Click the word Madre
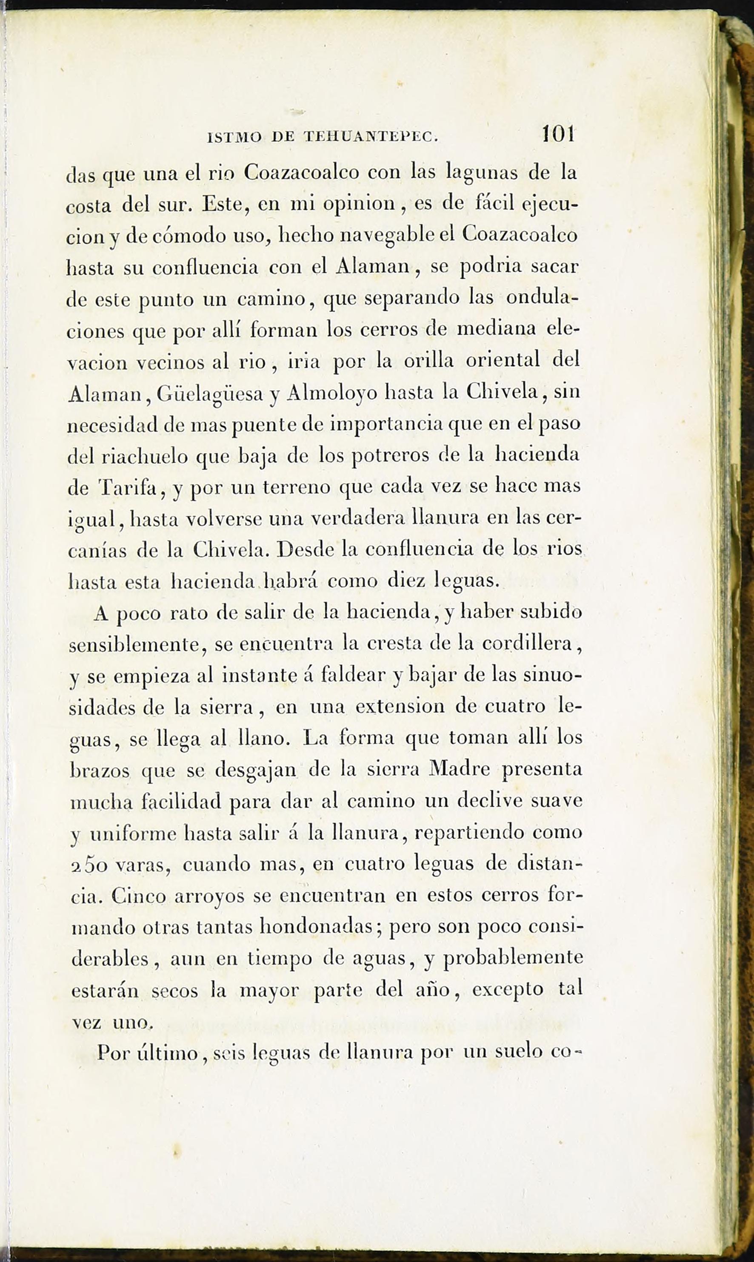(x=459, y=769)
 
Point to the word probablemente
(x=513, y=959)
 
